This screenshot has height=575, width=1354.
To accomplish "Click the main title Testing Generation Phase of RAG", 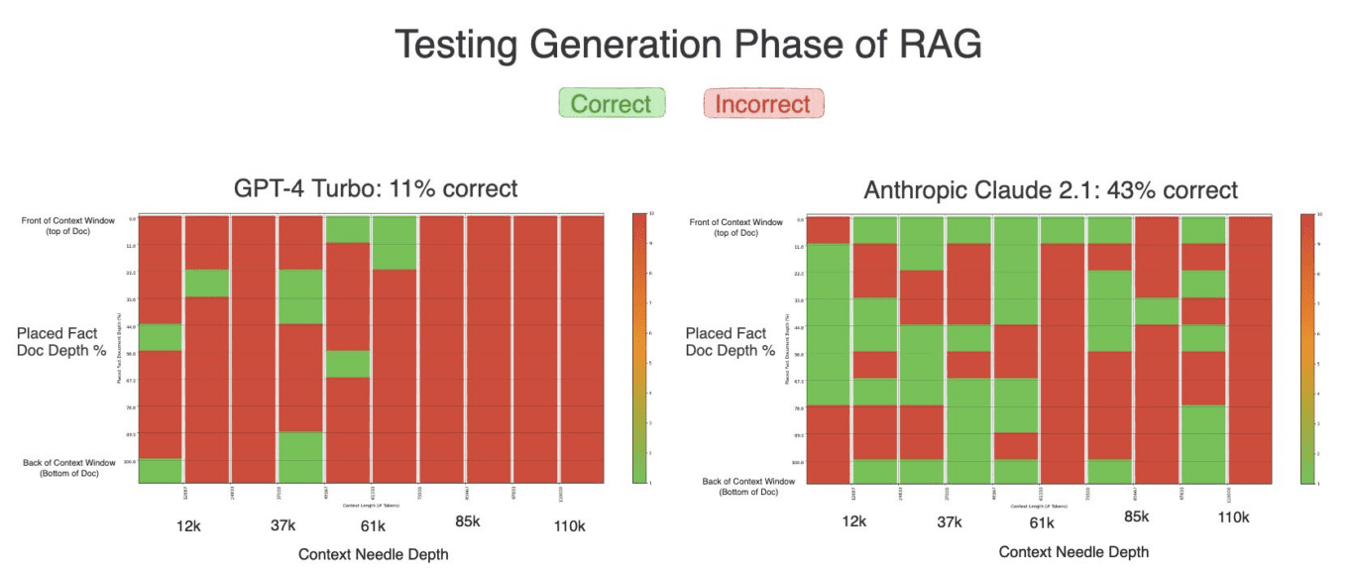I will point(687,46).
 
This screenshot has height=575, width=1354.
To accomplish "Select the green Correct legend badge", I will point(612,103).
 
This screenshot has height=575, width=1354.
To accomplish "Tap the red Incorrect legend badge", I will point(762,103).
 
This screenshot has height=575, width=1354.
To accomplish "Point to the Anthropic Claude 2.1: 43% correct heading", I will point(1051,190).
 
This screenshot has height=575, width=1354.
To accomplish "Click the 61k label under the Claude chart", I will point(1042,522).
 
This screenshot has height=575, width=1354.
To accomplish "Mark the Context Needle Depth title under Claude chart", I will point(1073,551).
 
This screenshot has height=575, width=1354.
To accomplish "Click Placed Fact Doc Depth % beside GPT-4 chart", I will point(61,342).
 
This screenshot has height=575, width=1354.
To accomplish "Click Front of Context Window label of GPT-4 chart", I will point(68,225).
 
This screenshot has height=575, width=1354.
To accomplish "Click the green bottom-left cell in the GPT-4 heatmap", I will point(161,470).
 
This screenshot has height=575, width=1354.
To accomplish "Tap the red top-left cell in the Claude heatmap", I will point(829,229).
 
